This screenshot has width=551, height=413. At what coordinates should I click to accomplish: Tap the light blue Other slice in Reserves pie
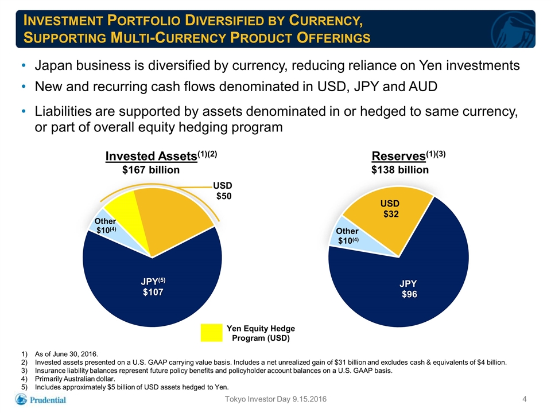click(351, 237)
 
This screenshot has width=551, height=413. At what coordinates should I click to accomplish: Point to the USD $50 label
click(223, 190)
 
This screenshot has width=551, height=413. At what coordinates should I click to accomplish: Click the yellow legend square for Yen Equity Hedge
click(211, 333)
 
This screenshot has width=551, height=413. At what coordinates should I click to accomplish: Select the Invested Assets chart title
click(161, 155)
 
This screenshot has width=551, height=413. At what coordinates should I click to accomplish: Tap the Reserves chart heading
click(408, 155)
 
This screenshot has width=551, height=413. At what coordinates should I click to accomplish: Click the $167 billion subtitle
click(151, 170)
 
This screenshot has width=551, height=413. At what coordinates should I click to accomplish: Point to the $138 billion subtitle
click(400, 170)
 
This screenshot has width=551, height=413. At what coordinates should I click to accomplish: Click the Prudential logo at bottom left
click(40, 400)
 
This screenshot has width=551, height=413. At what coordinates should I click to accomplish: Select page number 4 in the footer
click(524, 399)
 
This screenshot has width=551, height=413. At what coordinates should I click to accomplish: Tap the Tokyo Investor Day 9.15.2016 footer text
click(275, 399)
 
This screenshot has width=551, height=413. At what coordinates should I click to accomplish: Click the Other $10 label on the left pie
click(105, 225)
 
